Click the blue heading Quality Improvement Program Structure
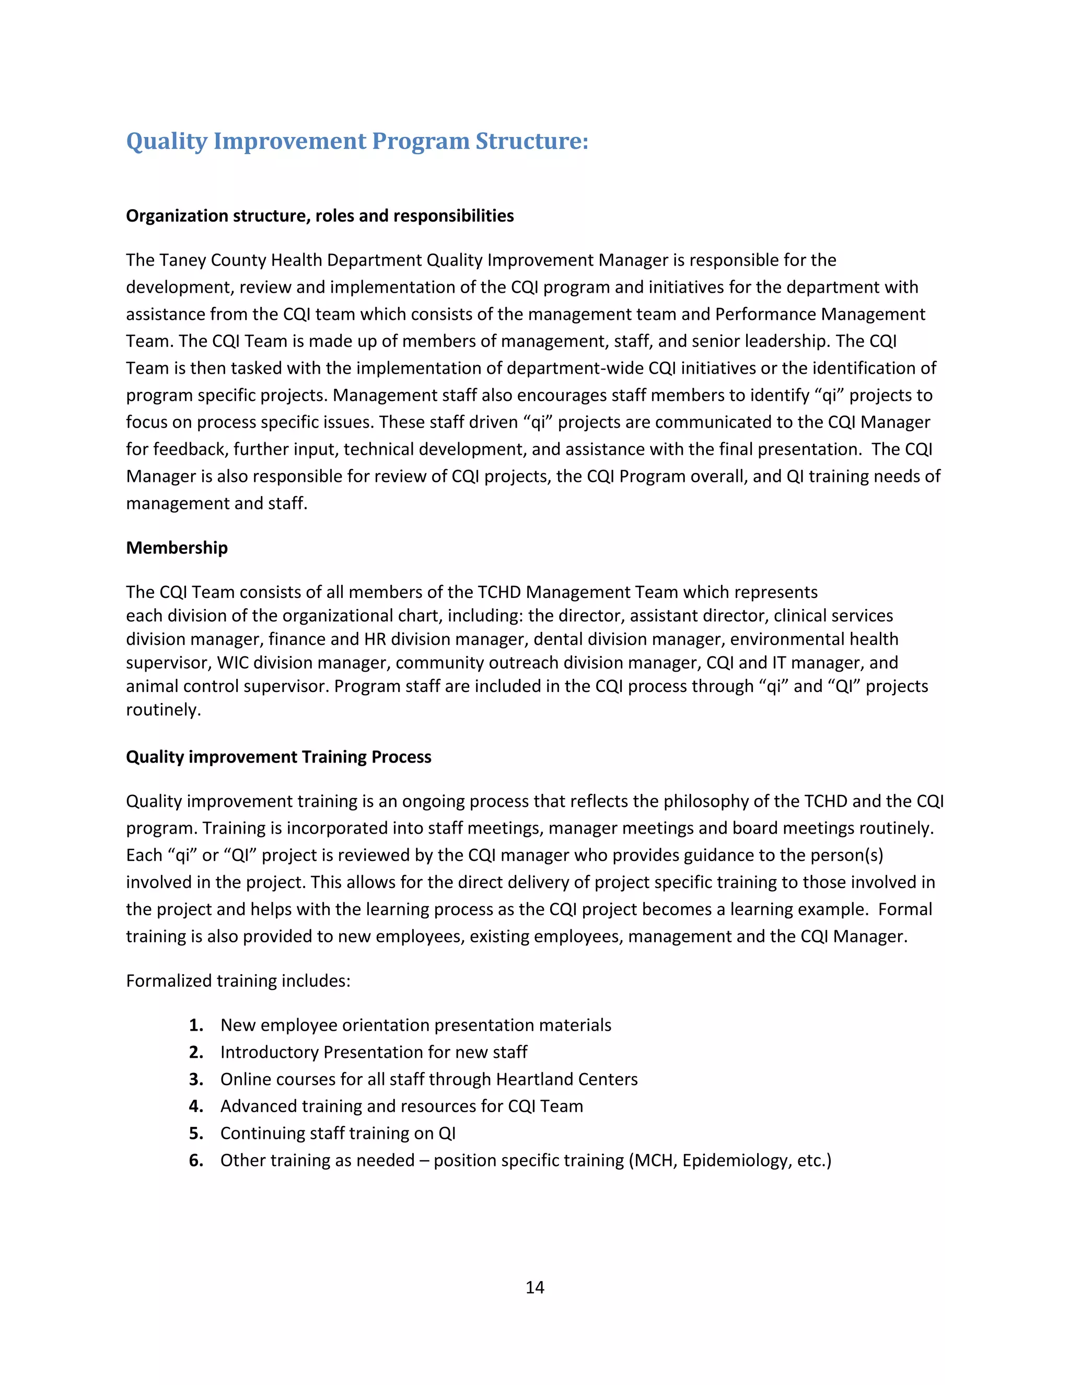pyautogui.click(x=357, y=141)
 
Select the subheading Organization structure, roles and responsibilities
pyautogui.click(x=319, y=216)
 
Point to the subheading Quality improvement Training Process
pyautogui.click(x=278, y=757)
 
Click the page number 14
pyautogui.click(x=534, y=1287)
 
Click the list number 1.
pyautogui.click(x=196, y=1025)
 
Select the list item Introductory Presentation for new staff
pyautogui.click(x=374, y=1052)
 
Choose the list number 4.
pyautogui.click(x=196, y=1106)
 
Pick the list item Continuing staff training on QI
pyautogui.click(x=338, y=1133)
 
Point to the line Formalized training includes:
pyautogui.click(x=238, y=980)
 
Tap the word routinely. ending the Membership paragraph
pyautogui.click(x=163, y=710)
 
